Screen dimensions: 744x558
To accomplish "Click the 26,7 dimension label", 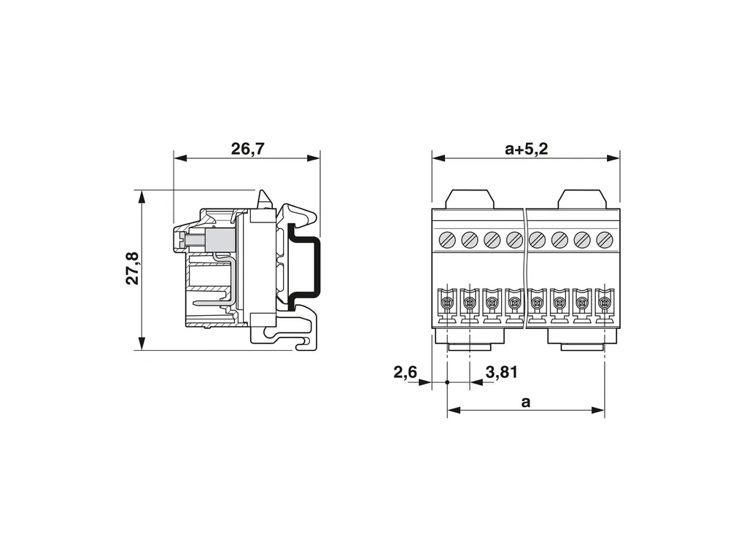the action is pyautogui.click(x=247, y=149).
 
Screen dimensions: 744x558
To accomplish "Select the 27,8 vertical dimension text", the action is pyautogui.click(x=132, y=268).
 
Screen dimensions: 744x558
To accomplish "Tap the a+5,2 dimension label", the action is pyautogui.click(x=526, y=149).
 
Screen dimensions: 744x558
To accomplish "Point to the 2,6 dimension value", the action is pyautogui.click(x=406, y=372).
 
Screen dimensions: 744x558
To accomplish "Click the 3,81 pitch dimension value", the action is pyautogui.click(x=502, y=372).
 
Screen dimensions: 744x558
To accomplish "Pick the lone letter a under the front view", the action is pyautogui.click(x=525, y=403).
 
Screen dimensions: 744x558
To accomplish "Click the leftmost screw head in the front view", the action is pyautogui.click(x=447, y=240).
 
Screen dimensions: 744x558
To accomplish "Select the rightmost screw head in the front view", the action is pyautogui.click(x=605, y=240).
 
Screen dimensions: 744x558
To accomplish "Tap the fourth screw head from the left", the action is pyautogui.click(x=514, y=240).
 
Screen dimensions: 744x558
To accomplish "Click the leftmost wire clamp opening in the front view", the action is pyautogui.click(x=446, y=302).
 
